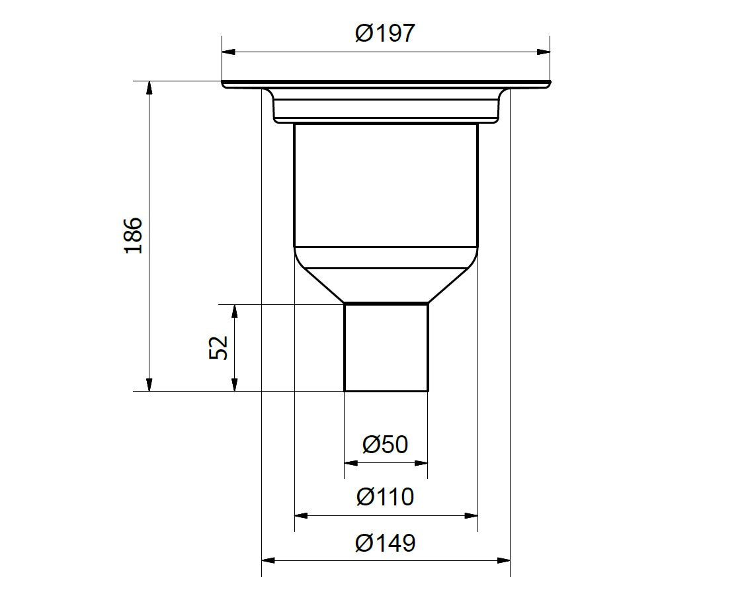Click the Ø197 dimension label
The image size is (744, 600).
point(386,32)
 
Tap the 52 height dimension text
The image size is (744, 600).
point(219,347)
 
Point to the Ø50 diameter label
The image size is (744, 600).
point(386,444)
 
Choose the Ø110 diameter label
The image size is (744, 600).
point(386,496)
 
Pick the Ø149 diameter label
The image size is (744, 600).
point(386,543)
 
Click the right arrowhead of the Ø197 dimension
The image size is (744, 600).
point(544,52)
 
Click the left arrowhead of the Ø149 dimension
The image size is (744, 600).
point(269,561)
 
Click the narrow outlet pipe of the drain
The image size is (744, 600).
point(386,347)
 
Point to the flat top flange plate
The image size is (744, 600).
point(386,83)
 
